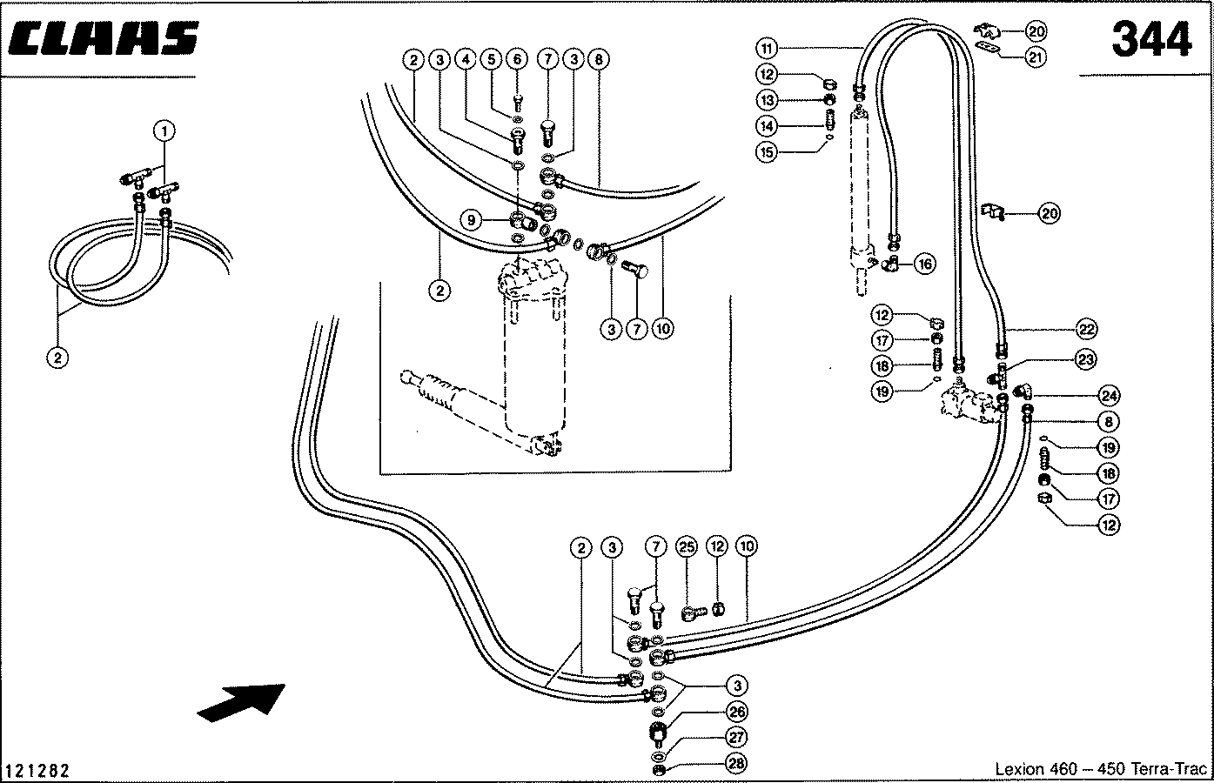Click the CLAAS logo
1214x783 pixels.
click(103, 38)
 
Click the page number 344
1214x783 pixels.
click(1151, 39)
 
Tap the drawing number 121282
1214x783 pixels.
click(37, 770)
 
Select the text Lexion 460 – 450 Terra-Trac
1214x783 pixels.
click(1101, 768)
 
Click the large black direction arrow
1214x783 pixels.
click(241, 703)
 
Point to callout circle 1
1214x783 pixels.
click(164, 130)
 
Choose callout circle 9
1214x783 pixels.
click(471, 220)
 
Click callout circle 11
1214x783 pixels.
click(767, 49)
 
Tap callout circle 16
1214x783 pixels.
click(924, 264)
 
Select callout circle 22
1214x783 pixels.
click(1087, 329)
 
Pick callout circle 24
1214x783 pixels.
click(1109, 396)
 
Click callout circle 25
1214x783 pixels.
click(687, 546)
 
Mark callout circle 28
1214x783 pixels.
click(736, 764)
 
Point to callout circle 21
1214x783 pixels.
click(1035, 57)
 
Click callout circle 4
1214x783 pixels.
click(466, 59)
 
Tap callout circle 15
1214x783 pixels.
click(767, 152)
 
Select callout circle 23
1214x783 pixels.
click(1085, 359)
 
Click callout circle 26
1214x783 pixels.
click(736, 712)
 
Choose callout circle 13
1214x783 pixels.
click(767, 100)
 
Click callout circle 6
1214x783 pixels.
click(516, 59)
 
